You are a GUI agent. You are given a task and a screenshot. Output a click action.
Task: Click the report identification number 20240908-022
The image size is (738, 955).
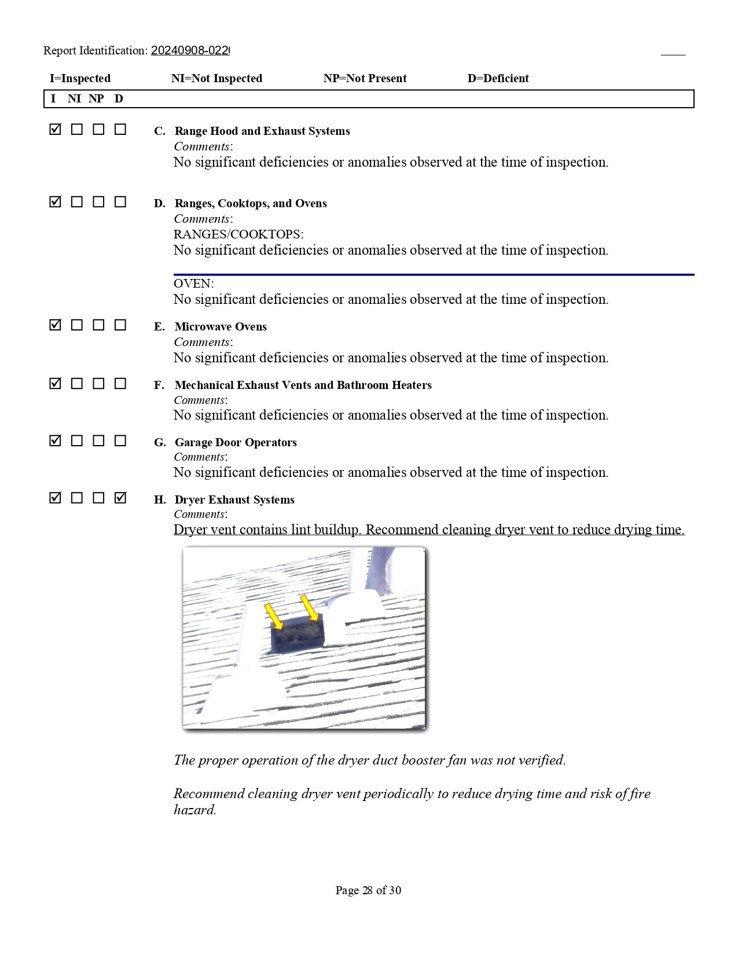pos(190,51)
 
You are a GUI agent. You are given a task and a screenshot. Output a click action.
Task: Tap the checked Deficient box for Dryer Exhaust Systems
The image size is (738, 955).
pos(120,498)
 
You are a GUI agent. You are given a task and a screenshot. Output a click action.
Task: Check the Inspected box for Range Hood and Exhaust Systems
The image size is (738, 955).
pos(56,130)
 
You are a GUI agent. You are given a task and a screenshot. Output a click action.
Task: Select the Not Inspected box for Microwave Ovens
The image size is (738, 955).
pos(77,325)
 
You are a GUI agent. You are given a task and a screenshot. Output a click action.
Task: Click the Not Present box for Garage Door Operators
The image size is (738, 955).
pos(99,441)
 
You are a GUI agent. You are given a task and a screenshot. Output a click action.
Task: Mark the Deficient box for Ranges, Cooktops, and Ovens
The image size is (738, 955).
pos(120,202)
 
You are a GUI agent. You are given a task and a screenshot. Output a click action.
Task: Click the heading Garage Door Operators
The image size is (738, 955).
pos(236,443)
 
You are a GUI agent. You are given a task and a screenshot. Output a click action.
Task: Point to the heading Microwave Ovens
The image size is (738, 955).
pos(221,327)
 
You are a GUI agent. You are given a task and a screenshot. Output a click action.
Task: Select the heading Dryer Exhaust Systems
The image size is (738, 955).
pos(234,500)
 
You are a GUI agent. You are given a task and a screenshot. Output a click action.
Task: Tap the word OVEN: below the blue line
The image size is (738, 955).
pos(193,284)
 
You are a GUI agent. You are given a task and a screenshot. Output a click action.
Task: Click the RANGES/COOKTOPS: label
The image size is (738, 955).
pos(238,234)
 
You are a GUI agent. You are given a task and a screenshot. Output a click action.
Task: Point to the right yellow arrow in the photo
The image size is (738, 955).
pos(310,608)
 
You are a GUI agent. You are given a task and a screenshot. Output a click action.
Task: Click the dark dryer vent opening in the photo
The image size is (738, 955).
pos(297,636)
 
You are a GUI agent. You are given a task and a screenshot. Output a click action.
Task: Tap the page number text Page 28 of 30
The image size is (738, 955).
pos(368,891)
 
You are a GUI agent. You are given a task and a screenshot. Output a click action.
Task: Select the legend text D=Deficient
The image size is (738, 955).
pos(498,79)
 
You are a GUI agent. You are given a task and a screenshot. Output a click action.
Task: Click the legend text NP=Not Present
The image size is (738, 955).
pos(365,79)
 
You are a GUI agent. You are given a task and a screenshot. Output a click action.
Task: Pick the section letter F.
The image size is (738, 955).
pos(159,385)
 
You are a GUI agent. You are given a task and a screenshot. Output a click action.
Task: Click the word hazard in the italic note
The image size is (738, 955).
pos(194,810)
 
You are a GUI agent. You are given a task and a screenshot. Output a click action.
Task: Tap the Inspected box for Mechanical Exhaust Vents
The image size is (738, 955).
pos(56,384)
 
